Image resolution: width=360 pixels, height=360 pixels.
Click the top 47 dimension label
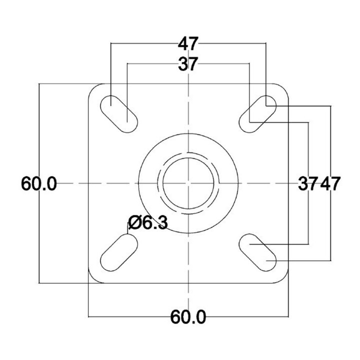click(x=188, y=43)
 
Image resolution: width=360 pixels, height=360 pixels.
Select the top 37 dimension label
click(x=188, y=64)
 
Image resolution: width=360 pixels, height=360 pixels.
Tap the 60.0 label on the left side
click(x=39, y=183)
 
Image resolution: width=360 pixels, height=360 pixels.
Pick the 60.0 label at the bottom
click(x=188, y=317)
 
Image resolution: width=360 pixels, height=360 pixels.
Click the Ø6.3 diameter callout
click(x=148, y=222)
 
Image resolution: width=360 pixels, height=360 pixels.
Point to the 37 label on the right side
click(x=308, y=183)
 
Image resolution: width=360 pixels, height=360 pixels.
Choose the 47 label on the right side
click(x=330, y=183)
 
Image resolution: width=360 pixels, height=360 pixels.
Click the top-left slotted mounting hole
click(x=119, y=114)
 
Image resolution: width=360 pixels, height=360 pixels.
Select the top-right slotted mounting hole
click(x=257, y=114)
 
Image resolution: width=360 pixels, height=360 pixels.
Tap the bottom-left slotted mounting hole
click(x=119, y=252)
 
